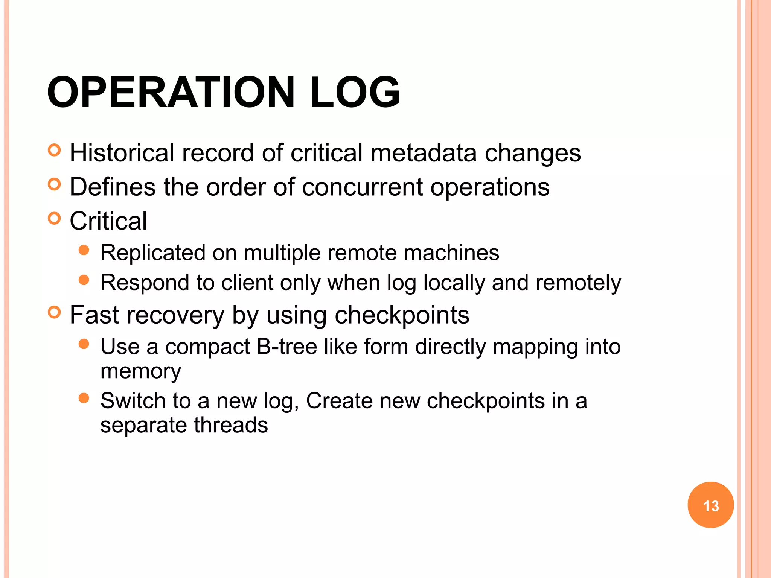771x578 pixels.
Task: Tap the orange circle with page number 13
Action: [710, 505]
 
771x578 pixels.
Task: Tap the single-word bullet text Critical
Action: [108, 221]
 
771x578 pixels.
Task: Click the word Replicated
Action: [152, 252]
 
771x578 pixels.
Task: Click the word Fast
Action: [94, 315]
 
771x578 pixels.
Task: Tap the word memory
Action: [141, 371]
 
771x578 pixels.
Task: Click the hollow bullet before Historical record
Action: [55, 150]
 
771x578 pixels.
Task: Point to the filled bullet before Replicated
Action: [84, 250]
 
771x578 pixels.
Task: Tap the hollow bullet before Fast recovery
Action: [55, 312]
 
